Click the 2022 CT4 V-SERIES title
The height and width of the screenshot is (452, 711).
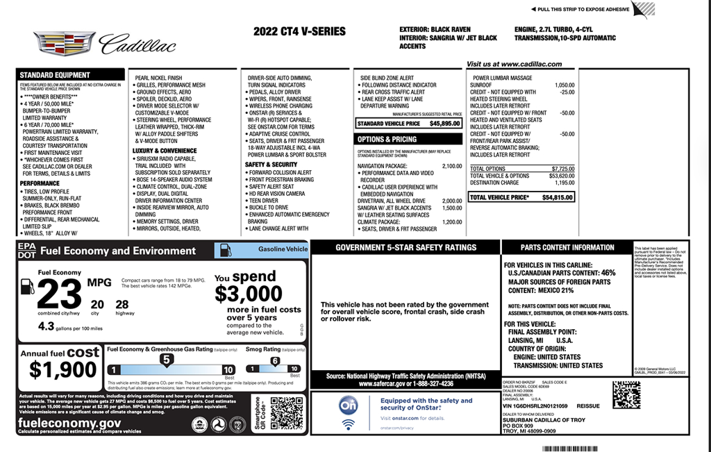(299, 32)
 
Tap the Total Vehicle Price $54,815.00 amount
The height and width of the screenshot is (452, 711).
(558, 198)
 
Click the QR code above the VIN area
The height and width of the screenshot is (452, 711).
(626, 395)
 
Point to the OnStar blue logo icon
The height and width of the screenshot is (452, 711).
(349, 405)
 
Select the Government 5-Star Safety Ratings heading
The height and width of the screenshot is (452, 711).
(405, 248)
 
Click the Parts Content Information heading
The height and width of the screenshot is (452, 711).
(567, 248)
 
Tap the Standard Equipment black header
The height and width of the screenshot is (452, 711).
(55, 75)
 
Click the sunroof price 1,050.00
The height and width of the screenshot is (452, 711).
(564, 85)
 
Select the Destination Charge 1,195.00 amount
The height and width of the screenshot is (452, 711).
(562, 183)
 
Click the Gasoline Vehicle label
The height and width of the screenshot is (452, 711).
(282, 249)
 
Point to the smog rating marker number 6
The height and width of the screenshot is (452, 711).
(275, 361)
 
